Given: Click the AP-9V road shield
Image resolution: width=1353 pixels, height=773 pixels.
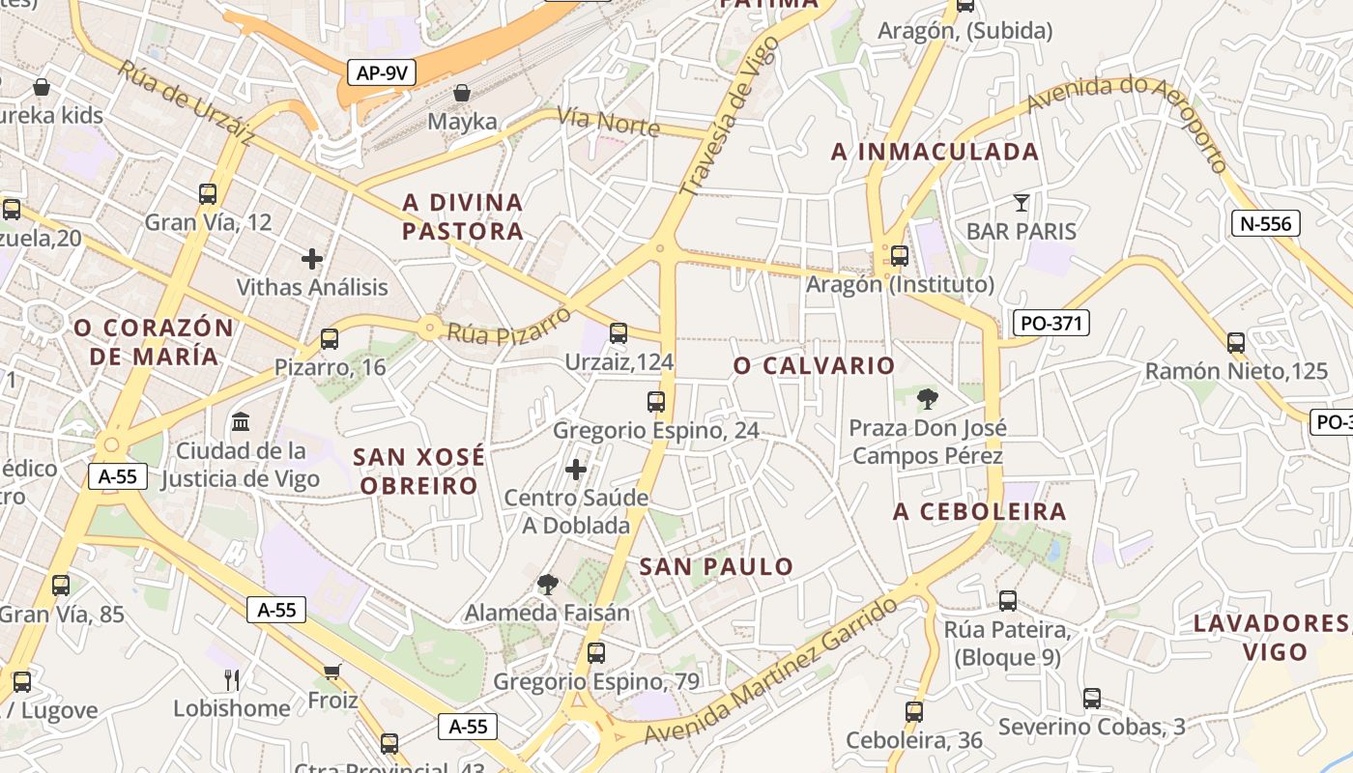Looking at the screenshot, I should pyautogui.click(x=382, y=72).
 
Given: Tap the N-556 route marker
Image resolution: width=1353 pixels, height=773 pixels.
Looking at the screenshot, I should pyautogui.click(x=1265, y=224).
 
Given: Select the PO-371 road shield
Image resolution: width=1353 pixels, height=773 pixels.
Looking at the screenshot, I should pyautogui.click(x=1051, y=323).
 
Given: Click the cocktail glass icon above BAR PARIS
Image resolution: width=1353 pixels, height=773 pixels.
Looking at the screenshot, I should pyautogui.click(x=1021, y=202).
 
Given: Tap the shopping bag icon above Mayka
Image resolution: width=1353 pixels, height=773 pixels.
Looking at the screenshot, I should pyautogui.click(x=462, y=93).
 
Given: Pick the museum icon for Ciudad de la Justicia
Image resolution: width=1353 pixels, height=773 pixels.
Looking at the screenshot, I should pyautogui.click(x=241, y=421).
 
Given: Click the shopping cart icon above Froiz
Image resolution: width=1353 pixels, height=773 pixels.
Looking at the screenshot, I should pyautogui.click(x=332, y=671).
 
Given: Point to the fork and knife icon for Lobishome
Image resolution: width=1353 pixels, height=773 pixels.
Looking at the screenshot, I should pyautogui.click(x=231, y=679).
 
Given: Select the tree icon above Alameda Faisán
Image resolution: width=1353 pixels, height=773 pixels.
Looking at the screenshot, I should pyautogui.click(x=547, y=584).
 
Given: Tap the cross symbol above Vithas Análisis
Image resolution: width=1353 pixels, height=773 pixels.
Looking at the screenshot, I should pyautogui.click(x=311, y=258).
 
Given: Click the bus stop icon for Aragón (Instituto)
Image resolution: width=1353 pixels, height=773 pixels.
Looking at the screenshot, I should pyautogui.click(x=899, y=256).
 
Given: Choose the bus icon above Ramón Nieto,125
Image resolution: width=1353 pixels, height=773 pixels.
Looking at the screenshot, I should pyautogui.click(x=1235, y=342).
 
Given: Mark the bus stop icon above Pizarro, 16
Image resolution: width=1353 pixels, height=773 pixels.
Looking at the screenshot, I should pyautogui.click(x=330, y=338).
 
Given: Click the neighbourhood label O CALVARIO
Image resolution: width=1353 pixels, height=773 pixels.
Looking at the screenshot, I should pyautogui.click(x=814, y=366).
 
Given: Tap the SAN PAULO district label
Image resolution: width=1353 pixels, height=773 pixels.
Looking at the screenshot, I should pyautogui.click(x=716, y=567).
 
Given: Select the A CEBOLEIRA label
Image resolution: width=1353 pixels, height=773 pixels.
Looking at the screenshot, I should pyautogui.click(x=979, y=512).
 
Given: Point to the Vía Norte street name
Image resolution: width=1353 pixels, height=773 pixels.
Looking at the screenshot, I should pyautogui.click(x=608, y=123).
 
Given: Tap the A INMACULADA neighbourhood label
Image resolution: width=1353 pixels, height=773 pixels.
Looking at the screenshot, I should pyautogui.click(x=935, y=152).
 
